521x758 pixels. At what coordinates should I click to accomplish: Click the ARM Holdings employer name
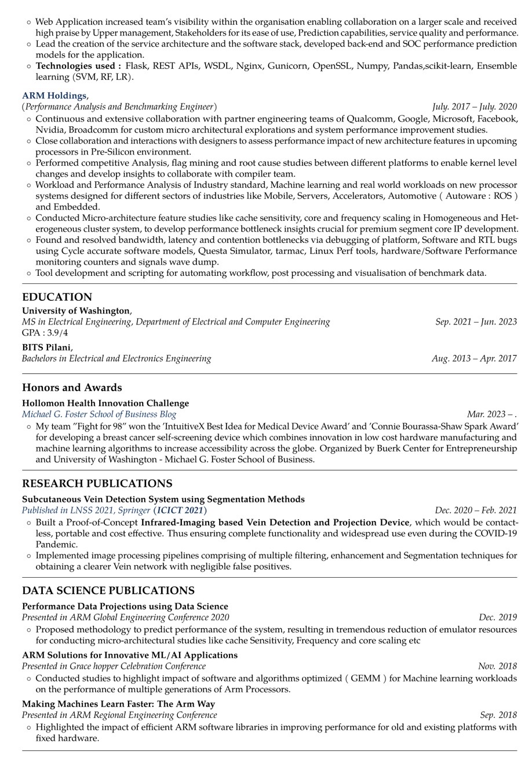pos(54,96)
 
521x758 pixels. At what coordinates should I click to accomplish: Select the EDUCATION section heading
pos(57,297)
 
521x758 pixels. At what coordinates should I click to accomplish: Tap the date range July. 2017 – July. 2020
pos(474,107)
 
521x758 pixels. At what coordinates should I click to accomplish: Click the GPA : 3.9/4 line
pos(45,333)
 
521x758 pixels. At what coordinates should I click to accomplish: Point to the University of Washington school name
pos(76,311)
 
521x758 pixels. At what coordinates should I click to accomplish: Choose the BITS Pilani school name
pos(46,347)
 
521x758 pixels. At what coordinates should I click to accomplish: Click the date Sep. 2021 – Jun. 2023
pos(476,322)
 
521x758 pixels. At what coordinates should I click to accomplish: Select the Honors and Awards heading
pos(72,387)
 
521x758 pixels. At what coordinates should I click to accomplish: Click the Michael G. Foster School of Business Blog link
pos(99,414)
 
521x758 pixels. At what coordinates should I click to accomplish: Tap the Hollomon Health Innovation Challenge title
pos(105,403)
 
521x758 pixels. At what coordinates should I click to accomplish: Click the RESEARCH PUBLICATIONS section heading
pos(97,483)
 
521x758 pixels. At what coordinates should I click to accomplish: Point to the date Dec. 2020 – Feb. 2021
pos(475,510)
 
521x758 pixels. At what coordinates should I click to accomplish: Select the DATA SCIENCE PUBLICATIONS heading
pos(108,591)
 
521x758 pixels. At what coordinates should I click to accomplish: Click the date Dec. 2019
pos(497,617)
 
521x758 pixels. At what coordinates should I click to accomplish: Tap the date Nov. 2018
pos(497,666)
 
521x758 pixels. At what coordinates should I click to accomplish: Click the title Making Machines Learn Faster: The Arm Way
pos(118,704)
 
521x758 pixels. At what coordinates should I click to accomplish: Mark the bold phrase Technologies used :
pos(78,65)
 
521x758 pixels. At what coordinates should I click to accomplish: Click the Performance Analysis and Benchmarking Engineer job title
pos(119,107)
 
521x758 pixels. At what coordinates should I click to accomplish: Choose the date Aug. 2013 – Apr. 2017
pos(473,358)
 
